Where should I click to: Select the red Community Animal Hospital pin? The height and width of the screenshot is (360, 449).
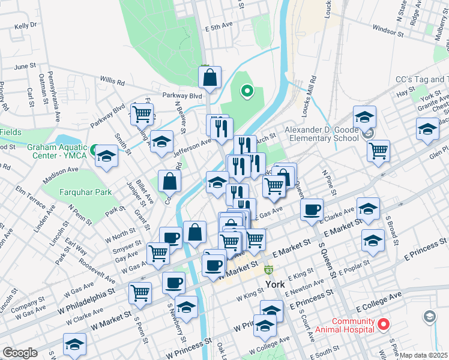tap(383, 325)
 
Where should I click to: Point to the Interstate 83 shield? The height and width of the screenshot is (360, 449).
tap(270, 271)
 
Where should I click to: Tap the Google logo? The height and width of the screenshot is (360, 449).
tap(20, 353)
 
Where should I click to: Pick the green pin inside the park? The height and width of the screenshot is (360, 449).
tap(246, 92)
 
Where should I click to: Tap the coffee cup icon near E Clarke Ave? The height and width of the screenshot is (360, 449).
tap(312, 210)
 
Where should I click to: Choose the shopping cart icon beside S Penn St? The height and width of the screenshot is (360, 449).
tap(140, 293)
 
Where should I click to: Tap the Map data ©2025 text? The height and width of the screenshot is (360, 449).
tap(424, 355)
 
